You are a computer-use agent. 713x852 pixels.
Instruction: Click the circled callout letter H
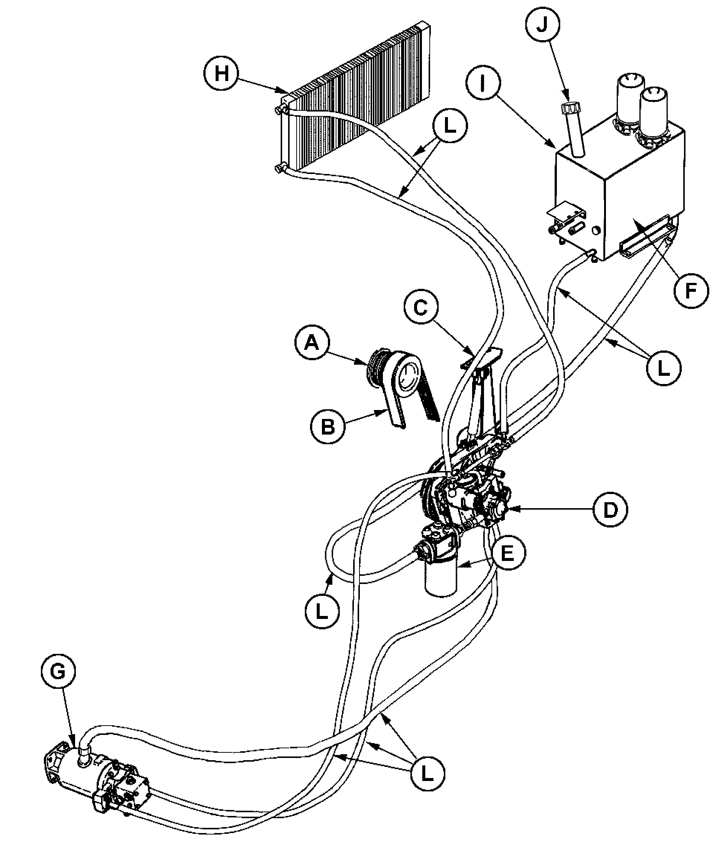tap(222, 74)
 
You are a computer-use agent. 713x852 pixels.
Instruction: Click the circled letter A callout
tap(312, 343)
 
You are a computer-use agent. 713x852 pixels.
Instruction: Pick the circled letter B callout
tap(328, 427)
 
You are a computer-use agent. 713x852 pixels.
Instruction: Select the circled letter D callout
tap(610, 510)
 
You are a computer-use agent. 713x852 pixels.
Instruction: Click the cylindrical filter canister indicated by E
tap(441, 578)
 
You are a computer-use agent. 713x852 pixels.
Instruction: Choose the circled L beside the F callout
tap(664, 368)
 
